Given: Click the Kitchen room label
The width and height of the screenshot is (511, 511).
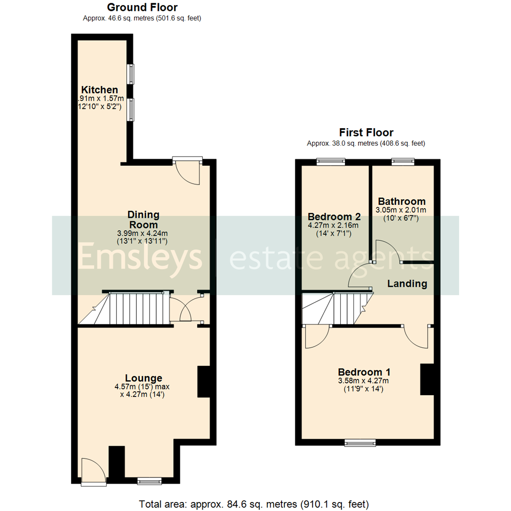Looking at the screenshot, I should click(x=99, y=90).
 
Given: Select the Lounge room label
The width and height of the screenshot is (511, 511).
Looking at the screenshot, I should click(x=143, y=378).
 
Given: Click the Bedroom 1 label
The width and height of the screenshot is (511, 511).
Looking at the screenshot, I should click(x=364, y=372).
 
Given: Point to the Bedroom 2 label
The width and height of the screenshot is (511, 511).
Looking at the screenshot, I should click(x=335, y=217).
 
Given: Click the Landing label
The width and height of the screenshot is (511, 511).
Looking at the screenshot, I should click(x=407, y=284).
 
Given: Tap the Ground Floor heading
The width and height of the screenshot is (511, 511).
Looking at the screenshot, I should click(x=142, y=8).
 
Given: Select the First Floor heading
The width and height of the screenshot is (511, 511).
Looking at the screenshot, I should click(x=366, y=133).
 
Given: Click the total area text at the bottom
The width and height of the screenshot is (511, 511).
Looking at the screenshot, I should click(x=254, y=503).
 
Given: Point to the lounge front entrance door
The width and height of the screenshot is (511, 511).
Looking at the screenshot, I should click(x=93, y=471).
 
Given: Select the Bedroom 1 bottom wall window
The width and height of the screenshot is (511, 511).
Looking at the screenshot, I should click(x=360, y=443).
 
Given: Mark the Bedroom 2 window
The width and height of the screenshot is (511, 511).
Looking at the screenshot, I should click(x=331, y=162).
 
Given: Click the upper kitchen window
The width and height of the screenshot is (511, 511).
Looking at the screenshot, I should click(x=130, y=74).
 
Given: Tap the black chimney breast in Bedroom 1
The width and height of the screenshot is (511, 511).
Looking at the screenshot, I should click(x=427, y=379).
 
